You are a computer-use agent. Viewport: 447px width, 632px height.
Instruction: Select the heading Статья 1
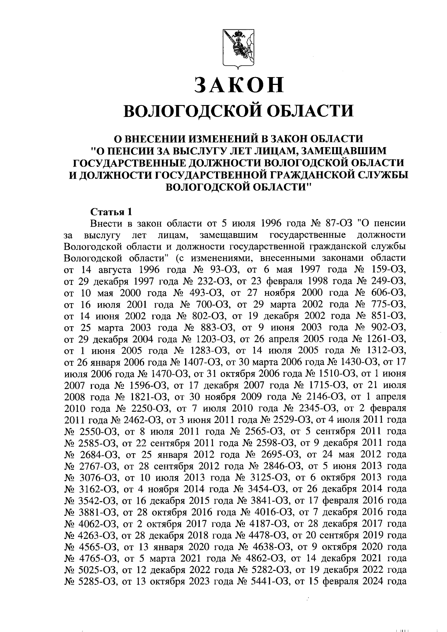click(111, 213)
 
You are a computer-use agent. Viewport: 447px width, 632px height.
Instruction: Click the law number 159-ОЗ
click(389, 270)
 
